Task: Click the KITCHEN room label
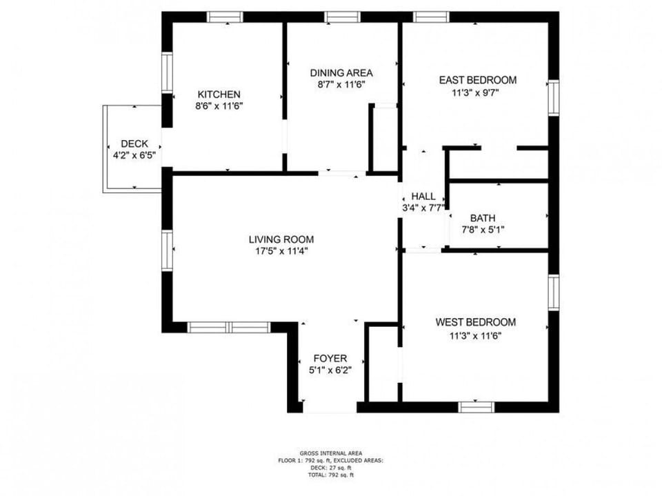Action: (x=219, y=95)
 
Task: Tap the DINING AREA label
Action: (x=341, y=72)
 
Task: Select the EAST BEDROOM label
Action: (x=477, y=80)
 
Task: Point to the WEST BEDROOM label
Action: (x=475, y=322)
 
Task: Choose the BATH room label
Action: (x=483, y=219)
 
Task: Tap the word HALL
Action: (x=423, y=197)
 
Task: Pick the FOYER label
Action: (x=330, y=359)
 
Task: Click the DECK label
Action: (x=134, y=143)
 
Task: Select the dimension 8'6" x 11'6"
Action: (x=219, y=106)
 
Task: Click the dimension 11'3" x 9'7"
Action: (x=477, y=92)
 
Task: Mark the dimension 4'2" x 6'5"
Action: (x=134, y=155)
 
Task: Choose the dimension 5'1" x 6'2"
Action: (x=330, y=370)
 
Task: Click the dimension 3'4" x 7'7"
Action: (x=423, y=207)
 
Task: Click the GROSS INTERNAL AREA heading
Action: (x=331, y=453)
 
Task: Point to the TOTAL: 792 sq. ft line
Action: (x=331, y=474)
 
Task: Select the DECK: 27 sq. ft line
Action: (x=331, y=467)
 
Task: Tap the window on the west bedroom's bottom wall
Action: (x=477, y=406)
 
